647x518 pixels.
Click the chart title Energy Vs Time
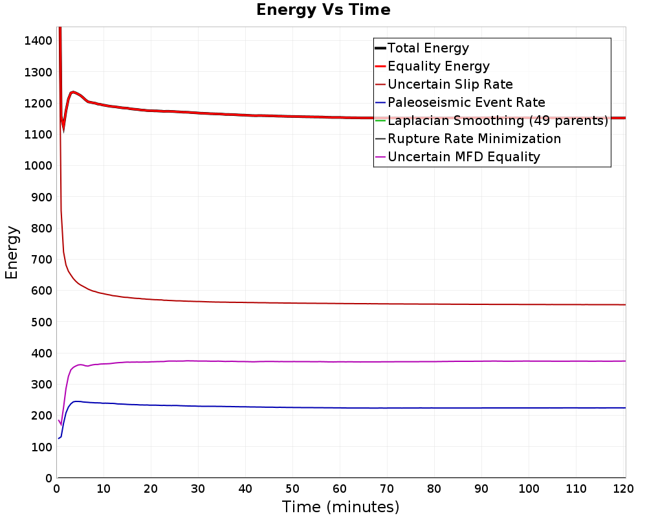tap(323, 10)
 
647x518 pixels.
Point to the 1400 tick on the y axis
tap(38, 41)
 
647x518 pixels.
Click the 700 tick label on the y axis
tap(41, 260)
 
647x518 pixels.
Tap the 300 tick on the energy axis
tap(41, 384)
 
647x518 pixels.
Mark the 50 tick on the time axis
tap(292, 489)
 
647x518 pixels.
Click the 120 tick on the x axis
tap(623, 489)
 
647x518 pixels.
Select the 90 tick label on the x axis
tap(481, 489)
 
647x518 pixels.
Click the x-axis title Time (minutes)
tap(340, 507)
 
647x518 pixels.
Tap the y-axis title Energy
tap(12, 253)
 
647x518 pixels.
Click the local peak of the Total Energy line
tap(73, 92)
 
